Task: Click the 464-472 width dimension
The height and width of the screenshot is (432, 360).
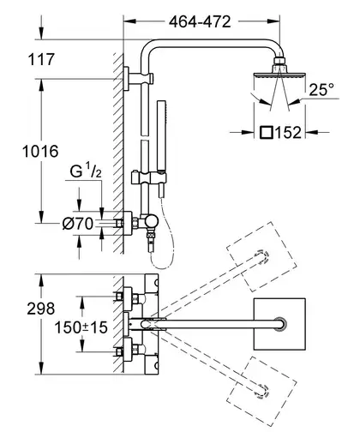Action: pos(200,21)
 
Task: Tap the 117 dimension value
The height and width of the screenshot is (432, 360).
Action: pos(41,59)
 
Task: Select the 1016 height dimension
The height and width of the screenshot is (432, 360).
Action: pos(40,151)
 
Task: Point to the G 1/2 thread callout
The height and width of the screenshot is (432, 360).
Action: pos(86,171)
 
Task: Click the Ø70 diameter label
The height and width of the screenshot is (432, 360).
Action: pos(78,224)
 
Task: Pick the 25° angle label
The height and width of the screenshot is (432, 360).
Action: pos(321,89)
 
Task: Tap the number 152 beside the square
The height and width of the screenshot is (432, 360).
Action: pos(288,132)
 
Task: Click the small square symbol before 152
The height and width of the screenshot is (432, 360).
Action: pos(267,133)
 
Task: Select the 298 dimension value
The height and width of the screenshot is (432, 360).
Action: pos(41,309)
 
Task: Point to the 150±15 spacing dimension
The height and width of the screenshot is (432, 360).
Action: pos(81,327)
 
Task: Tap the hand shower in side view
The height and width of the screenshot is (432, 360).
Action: pos(162,148)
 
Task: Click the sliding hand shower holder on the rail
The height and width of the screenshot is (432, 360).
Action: pos(145,178)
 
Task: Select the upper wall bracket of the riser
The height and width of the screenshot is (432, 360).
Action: pos(138,79)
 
